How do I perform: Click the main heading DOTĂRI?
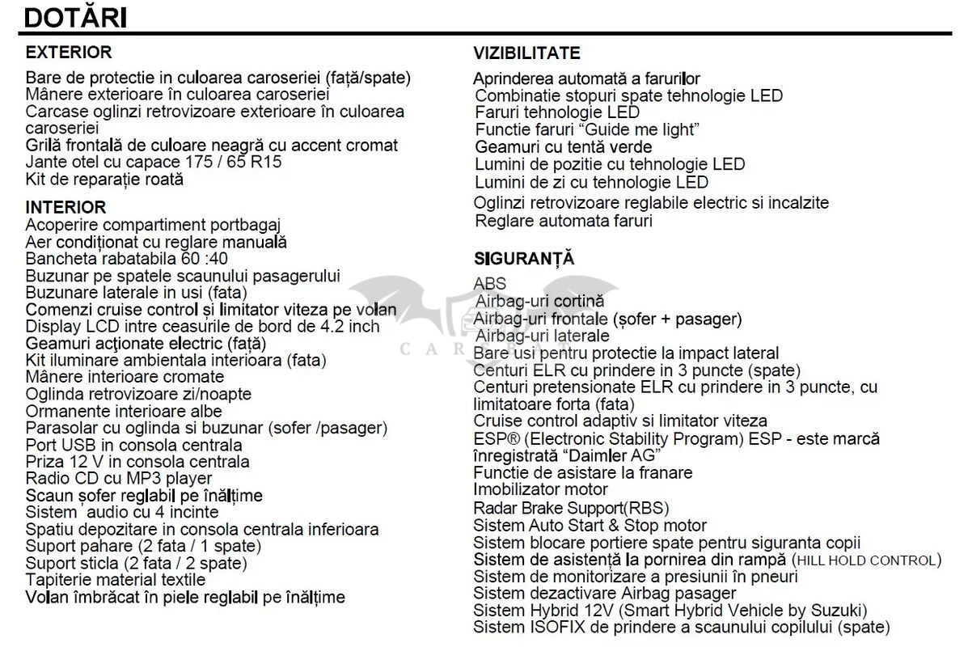74,17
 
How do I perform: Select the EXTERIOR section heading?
69,53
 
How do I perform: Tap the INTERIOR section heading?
66,207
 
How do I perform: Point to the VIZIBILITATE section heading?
526,53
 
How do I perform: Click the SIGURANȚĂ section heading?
523,259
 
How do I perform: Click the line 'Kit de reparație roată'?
104,179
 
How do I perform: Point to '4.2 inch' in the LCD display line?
350,326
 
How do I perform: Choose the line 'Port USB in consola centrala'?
133,445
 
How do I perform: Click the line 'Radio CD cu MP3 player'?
119,479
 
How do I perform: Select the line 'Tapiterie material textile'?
116,580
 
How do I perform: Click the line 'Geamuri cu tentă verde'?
563,147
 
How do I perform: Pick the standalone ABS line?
490,283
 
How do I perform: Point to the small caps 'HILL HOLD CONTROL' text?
865,560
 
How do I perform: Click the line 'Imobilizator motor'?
540,489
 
